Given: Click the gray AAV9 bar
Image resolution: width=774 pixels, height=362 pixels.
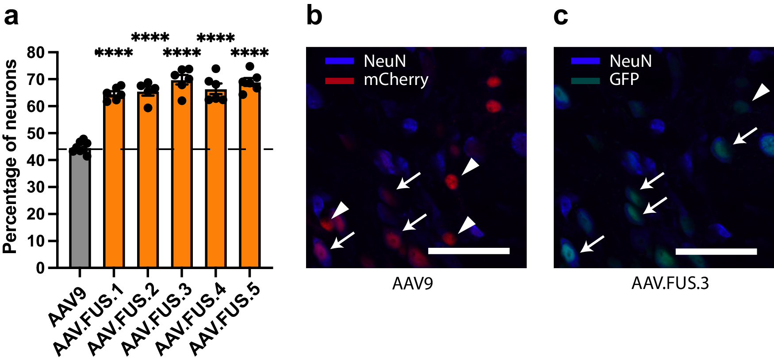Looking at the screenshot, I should point(80,212).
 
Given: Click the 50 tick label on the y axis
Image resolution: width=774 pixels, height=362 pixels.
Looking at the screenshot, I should point(36,134).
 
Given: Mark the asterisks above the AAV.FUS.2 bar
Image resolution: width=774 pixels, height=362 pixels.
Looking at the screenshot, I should point(150,37).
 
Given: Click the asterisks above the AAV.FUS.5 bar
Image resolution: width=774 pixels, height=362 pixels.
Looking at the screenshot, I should point(250,54).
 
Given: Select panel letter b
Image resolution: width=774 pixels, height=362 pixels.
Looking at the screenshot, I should point(314,16).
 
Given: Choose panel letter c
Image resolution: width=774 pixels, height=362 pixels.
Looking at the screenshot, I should point(560,16).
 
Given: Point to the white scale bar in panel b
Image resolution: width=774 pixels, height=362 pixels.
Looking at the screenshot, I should point(469,251).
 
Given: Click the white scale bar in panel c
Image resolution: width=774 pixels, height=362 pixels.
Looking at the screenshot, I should point(716,251).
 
